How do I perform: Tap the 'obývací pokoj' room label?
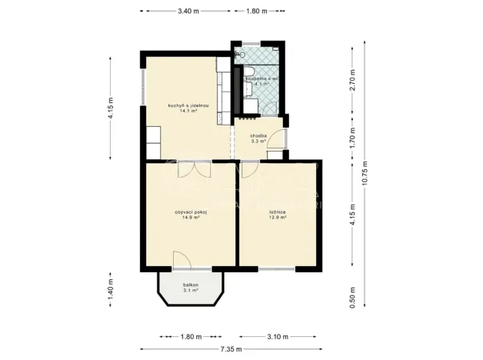(x=191, y=212)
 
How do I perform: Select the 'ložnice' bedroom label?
(x=278, y=212)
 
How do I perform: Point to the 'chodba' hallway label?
(x=258, y=135)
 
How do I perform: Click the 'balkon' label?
(x=191, y=285)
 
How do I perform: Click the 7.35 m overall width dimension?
(x=231, y=348)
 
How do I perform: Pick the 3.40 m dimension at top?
(x=188, y=12)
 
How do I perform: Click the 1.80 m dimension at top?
(x=256, y=12)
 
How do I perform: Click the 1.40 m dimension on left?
(x=111, y=291)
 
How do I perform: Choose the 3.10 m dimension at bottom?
(x=278, y=336)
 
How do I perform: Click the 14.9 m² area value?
(x=191, y=218)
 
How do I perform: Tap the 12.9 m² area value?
(x=278, y=218)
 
